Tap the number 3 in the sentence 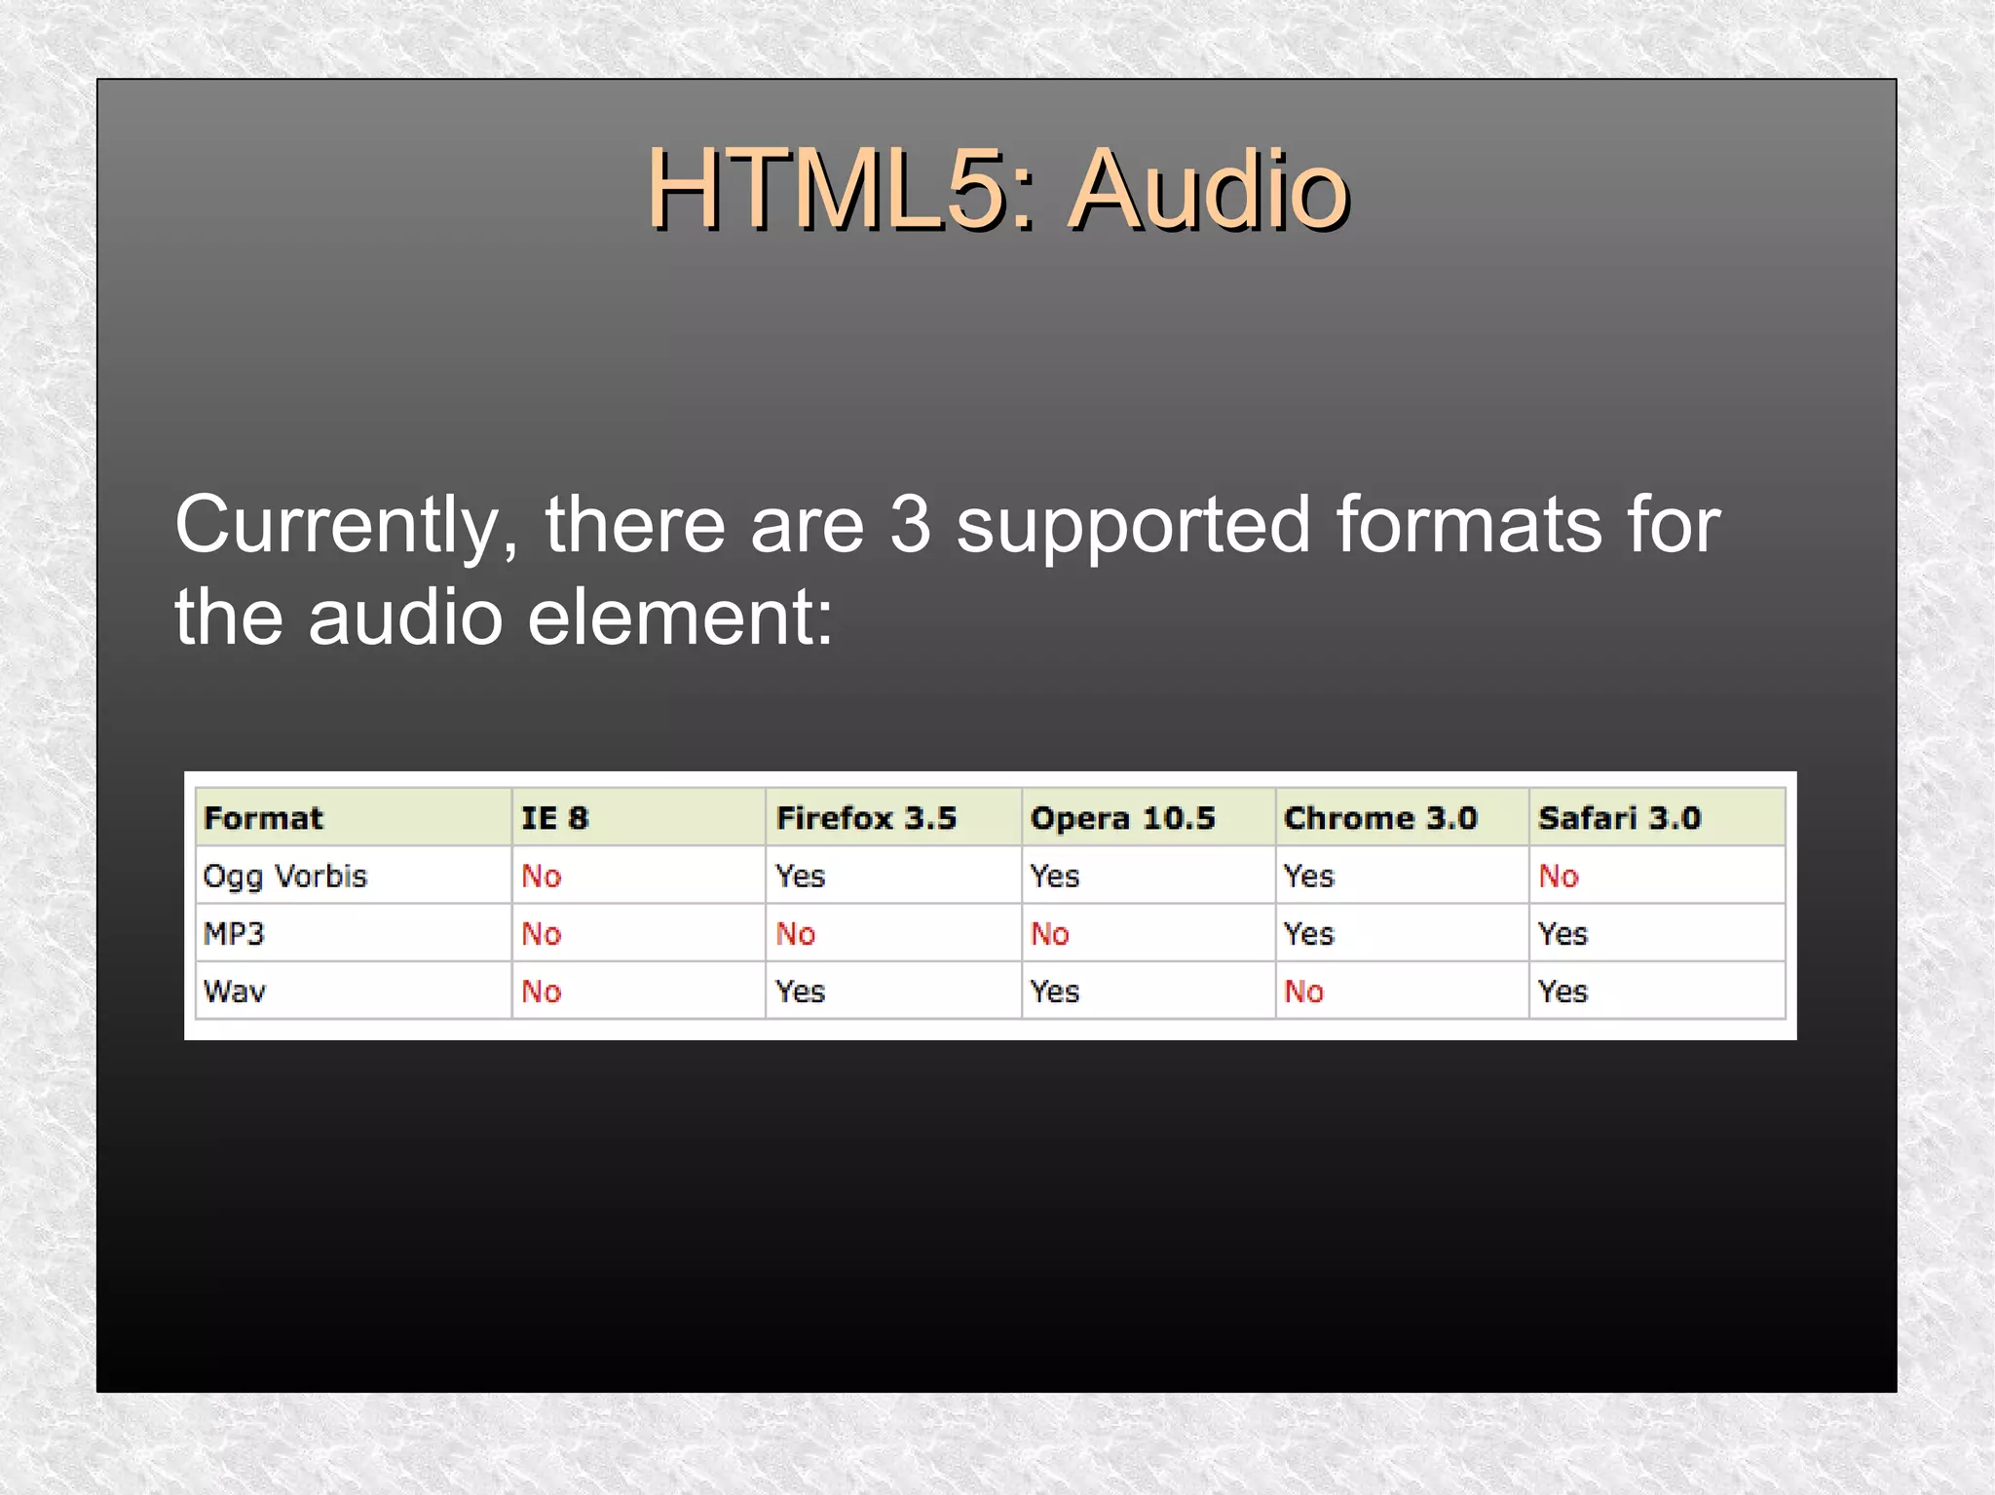point(910,525)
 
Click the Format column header point(263,818)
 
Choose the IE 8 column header point(554,818)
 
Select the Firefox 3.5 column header point(866,818)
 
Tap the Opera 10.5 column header point(1122,818)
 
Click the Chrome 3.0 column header point(1380,818)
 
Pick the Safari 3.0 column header point(1619,818)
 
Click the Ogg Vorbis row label point(284,877)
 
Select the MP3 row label point(234,934)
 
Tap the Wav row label point(234,991)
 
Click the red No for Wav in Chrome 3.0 point(1303,991)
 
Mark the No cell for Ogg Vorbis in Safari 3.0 point(1558,877)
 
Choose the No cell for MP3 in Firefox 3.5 point(795,934)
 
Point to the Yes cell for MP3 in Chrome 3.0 point(1308,934)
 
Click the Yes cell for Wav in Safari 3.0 point(1562,991)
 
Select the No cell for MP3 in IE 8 point(541,934)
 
